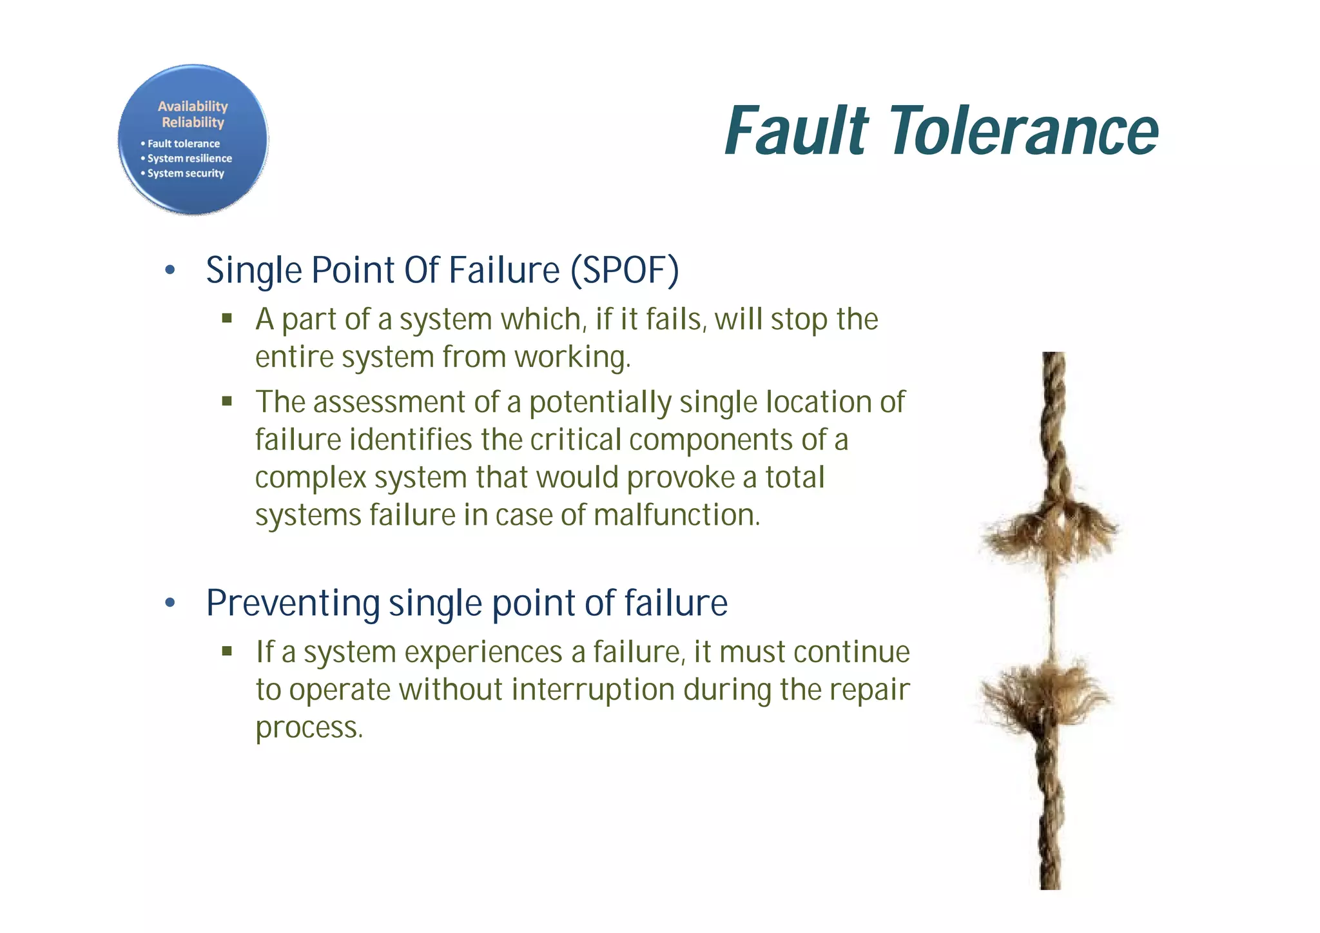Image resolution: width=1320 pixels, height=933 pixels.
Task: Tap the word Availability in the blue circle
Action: tap(193, 106)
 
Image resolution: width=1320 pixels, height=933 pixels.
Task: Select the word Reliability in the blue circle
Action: tap(193, 123)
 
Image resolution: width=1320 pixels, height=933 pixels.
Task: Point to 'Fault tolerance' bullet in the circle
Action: tap(183, 144)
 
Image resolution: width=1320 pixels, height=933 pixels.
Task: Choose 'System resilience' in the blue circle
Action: tap(189, 159)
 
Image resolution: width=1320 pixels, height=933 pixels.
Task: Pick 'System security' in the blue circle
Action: tap(186, 173)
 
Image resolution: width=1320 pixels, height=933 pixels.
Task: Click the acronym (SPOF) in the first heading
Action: tap(625, 270)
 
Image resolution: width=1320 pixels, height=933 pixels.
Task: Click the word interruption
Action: tap(594, 690)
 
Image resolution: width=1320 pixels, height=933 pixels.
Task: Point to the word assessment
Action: tap(389, 402)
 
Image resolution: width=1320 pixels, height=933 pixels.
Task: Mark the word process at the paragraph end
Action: tap(309, 728)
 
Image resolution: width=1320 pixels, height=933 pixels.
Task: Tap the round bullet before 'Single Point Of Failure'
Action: tap(170, 271)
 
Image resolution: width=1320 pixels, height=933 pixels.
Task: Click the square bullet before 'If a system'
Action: tap(227, 651)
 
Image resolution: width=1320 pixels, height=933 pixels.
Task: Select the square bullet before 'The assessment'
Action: tap(227, 402)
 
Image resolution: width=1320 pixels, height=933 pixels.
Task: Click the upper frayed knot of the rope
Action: tap(1049, 529)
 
